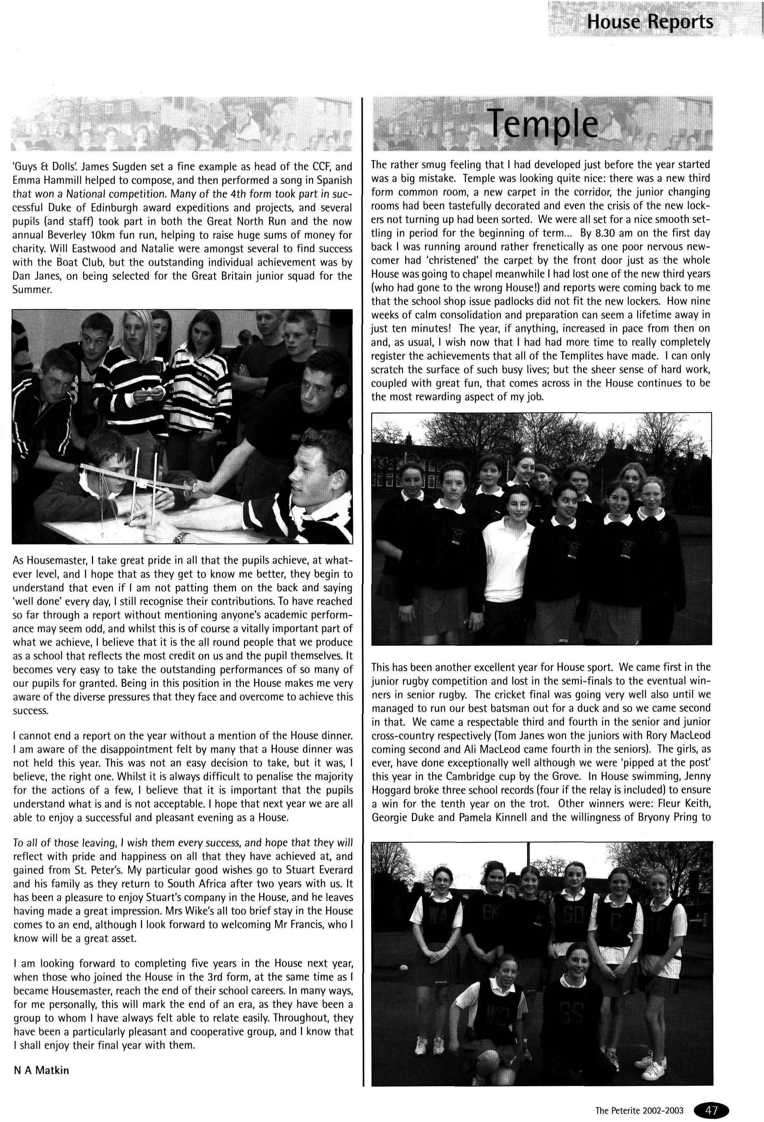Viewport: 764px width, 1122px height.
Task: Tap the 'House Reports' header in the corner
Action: click(x=649, y=22)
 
